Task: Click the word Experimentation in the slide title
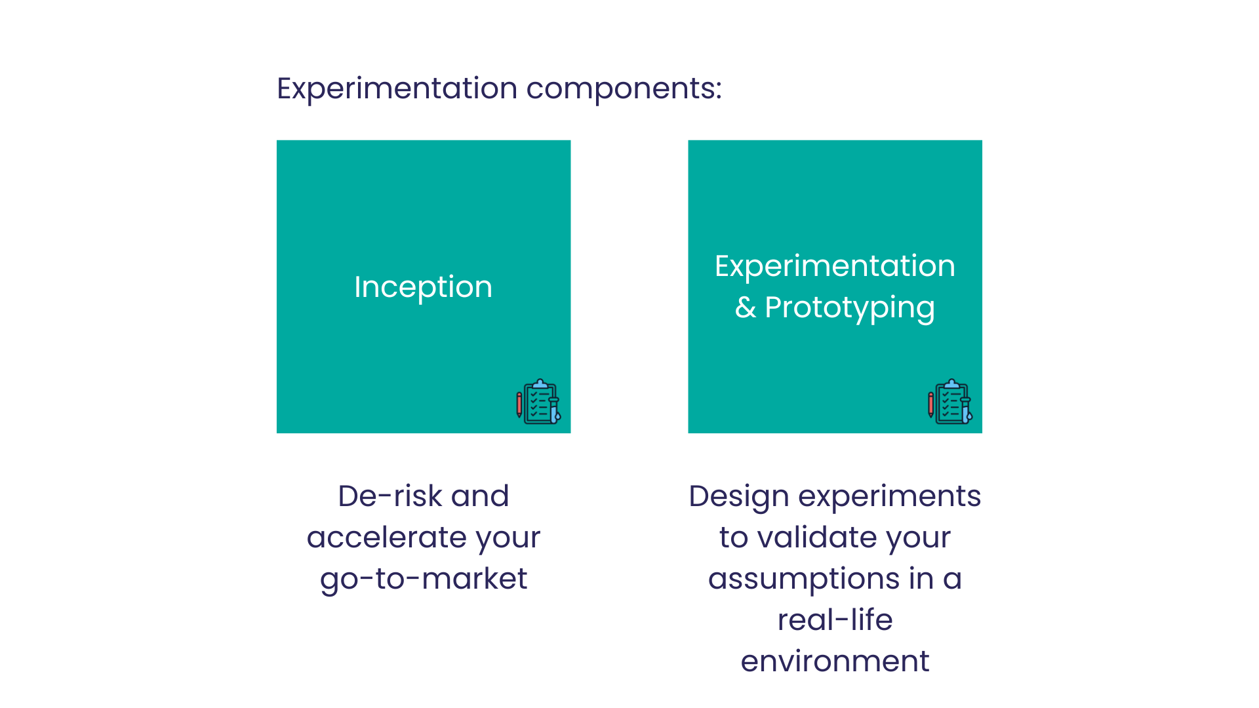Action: (397, 89)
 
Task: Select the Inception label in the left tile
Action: (423, 287)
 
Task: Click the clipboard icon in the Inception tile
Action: (538, 402)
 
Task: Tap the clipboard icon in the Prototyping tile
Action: (950, 402)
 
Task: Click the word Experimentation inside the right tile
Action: (835, 266)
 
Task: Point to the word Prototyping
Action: (849, 308)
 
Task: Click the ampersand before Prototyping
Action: (746, 307)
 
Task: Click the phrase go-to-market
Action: (424, 580)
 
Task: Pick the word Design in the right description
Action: (739, 497)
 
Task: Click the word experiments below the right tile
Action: (889, 497)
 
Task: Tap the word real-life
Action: (835, 619)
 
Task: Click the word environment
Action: (835, 661)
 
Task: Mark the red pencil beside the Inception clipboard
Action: (519, 404)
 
